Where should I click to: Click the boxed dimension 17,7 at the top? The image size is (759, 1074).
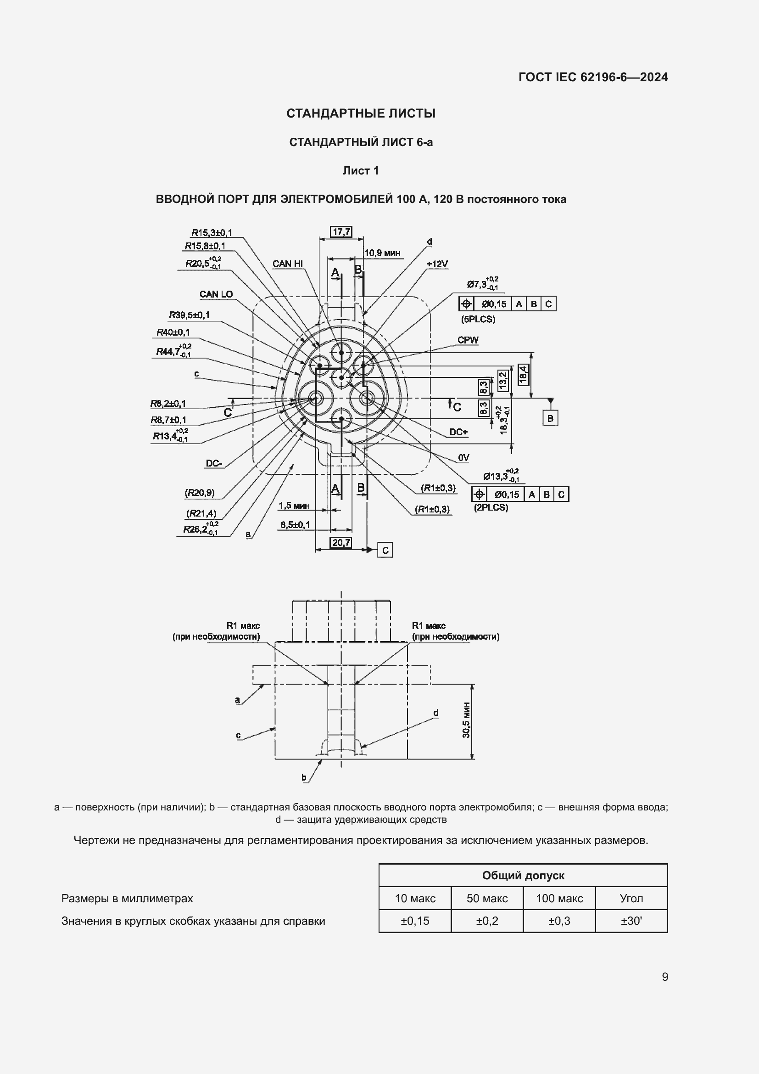tap(341, 231)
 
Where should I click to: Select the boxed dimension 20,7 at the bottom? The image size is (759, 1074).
tap(341, 543)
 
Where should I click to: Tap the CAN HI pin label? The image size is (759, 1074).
tap(287, 264)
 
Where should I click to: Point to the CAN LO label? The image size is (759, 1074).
tap(216, 294)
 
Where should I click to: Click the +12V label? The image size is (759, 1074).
tap(437, 264)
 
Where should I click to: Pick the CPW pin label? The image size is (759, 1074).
tap(468, 340)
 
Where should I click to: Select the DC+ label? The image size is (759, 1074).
tap(458, 432)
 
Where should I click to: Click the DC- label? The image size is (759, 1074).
tap(214, 464)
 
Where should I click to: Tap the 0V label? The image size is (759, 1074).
tap(463, 457)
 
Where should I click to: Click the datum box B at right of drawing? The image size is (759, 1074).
tap(550, 418)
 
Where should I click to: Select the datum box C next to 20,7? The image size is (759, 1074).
tap(385, 550)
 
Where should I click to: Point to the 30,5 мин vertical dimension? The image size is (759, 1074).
tap(466, 720)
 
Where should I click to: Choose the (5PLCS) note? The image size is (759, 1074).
tap(478, 320)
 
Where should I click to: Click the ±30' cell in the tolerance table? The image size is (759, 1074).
tap(631, 921)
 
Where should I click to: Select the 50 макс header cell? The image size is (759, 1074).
tap(487, 898)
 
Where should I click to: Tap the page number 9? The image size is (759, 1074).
tap(664, 977)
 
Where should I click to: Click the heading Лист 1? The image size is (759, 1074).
tap(360, 171)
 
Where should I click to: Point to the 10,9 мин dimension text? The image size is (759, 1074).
tap(382, 253)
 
